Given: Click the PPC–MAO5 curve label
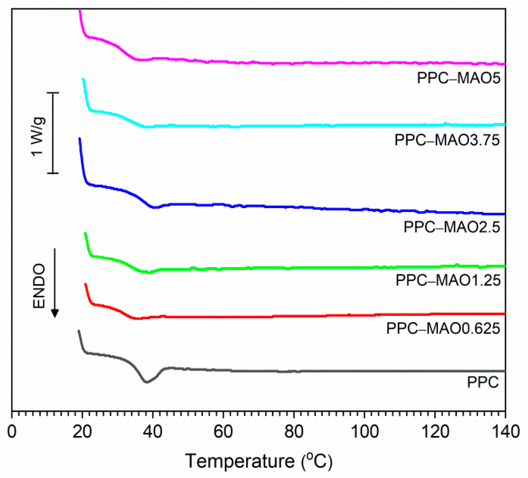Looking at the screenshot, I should click(458, 78).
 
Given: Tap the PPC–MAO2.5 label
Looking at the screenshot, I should click(452, 227).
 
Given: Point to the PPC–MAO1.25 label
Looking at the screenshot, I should click(448, 280).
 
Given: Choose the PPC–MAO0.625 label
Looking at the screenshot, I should click(443, 328).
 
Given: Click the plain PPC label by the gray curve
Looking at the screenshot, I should click(483, 382).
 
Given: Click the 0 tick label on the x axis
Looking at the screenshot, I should click(12, 432).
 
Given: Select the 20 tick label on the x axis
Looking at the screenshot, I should click(82, 432).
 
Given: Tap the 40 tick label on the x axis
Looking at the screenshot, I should click(153, 432).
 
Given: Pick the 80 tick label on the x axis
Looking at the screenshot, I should click(294, 432).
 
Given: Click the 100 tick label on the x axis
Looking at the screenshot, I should click(364, 432).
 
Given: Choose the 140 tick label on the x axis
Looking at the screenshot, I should click(505, 432).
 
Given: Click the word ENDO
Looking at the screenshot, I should click(39, 286).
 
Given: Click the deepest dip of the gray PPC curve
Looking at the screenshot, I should click(147, 382).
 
